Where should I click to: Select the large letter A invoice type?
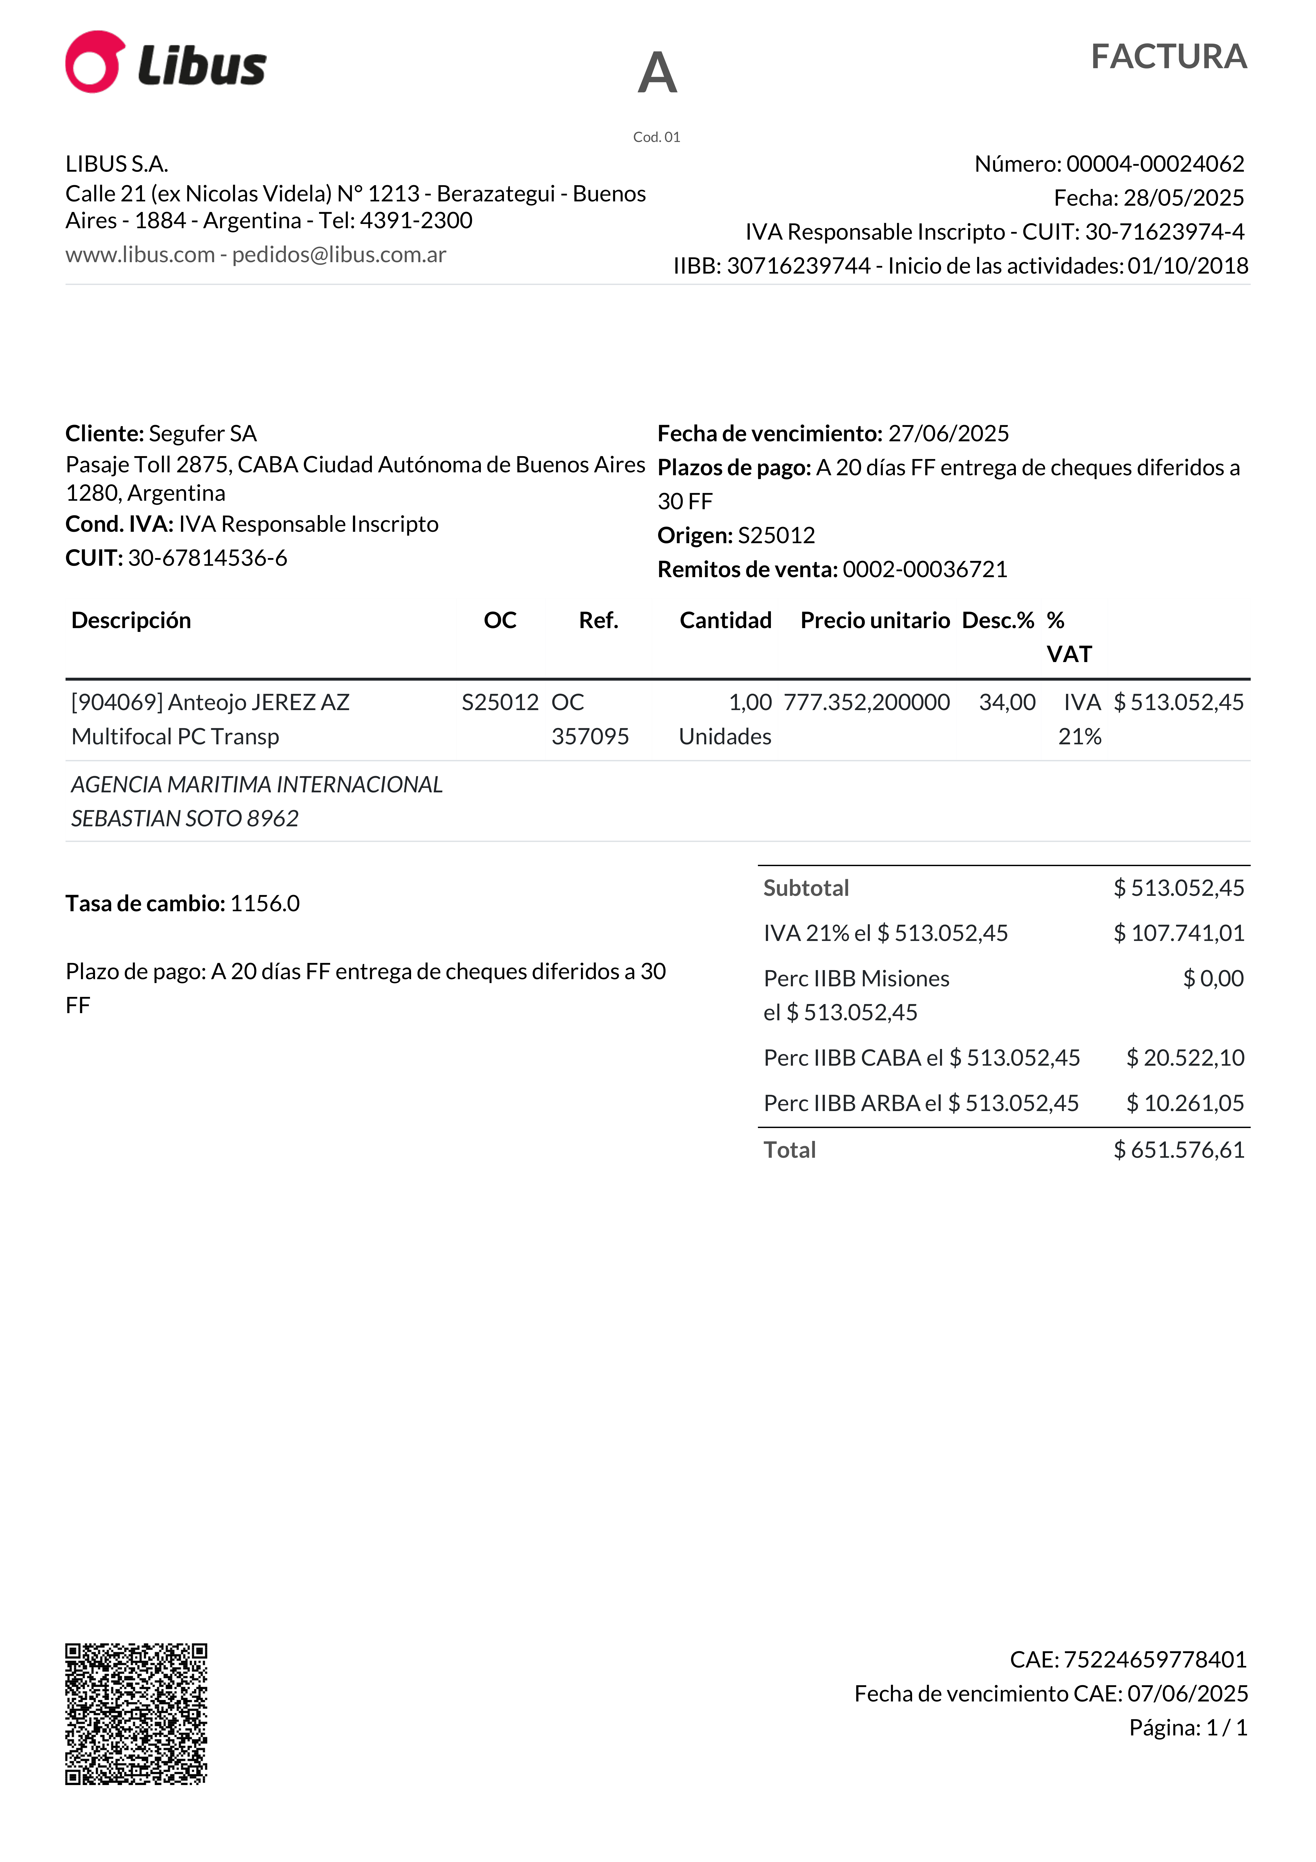[657, 73]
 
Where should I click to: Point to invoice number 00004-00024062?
[1155, 164]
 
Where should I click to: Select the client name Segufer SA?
[203, 434]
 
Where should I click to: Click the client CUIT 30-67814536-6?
[208, 558]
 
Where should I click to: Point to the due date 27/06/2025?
[949, 434]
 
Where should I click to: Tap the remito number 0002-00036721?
[925, 569]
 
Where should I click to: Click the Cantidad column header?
[725, 620]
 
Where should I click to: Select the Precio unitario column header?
[875, 620]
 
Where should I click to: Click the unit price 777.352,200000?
[866, 702]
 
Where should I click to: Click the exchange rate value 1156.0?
[265, 904]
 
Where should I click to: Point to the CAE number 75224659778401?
[1155, 1660]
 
